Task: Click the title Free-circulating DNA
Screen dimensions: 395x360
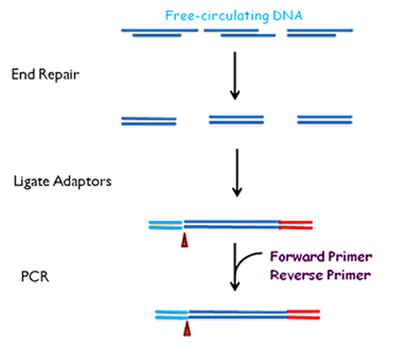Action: (233, 16)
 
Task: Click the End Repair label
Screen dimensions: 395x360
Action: (45, 75)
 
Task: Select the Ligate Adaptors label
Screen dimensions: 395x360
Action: (62, 181)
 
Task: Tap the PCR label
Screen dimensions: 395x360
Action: (35, 276)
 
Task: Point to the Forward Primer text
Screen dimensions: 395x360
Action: (321, 257)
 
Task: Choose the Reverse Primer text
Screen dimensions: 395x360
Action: (320, 275)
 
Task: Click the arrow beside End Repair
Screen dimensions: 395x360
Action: (235, 75)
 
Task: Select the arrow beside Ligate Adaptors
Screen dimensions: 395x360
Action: (237, 173)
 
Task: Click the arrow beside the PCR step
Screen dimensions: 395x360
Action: (235, 267)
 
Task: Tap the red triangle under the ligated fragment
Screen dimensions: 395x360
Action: (185, 240)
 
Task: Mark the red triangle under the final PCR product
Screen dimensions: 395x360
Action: (187, 329)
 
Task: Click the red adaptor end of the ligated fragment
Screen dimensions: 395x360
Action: (296, 225)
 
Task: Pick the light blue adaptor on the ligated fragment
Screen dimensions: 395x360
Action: (165, 225)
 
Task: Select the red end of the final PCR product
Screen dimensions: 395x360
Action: (303, 314)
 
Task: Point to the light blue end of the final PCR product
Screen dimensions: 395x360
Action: (172, 314)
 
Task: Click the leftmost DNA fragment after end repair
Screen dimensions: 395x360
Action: (149, 121)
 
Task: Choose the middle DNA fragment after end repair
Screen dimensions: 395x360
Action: (236, 120)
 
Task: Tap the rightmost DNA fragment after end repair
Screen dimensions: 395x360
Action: (324, 120)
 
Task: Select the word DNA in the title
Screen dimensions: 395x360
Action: (288, 16)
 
